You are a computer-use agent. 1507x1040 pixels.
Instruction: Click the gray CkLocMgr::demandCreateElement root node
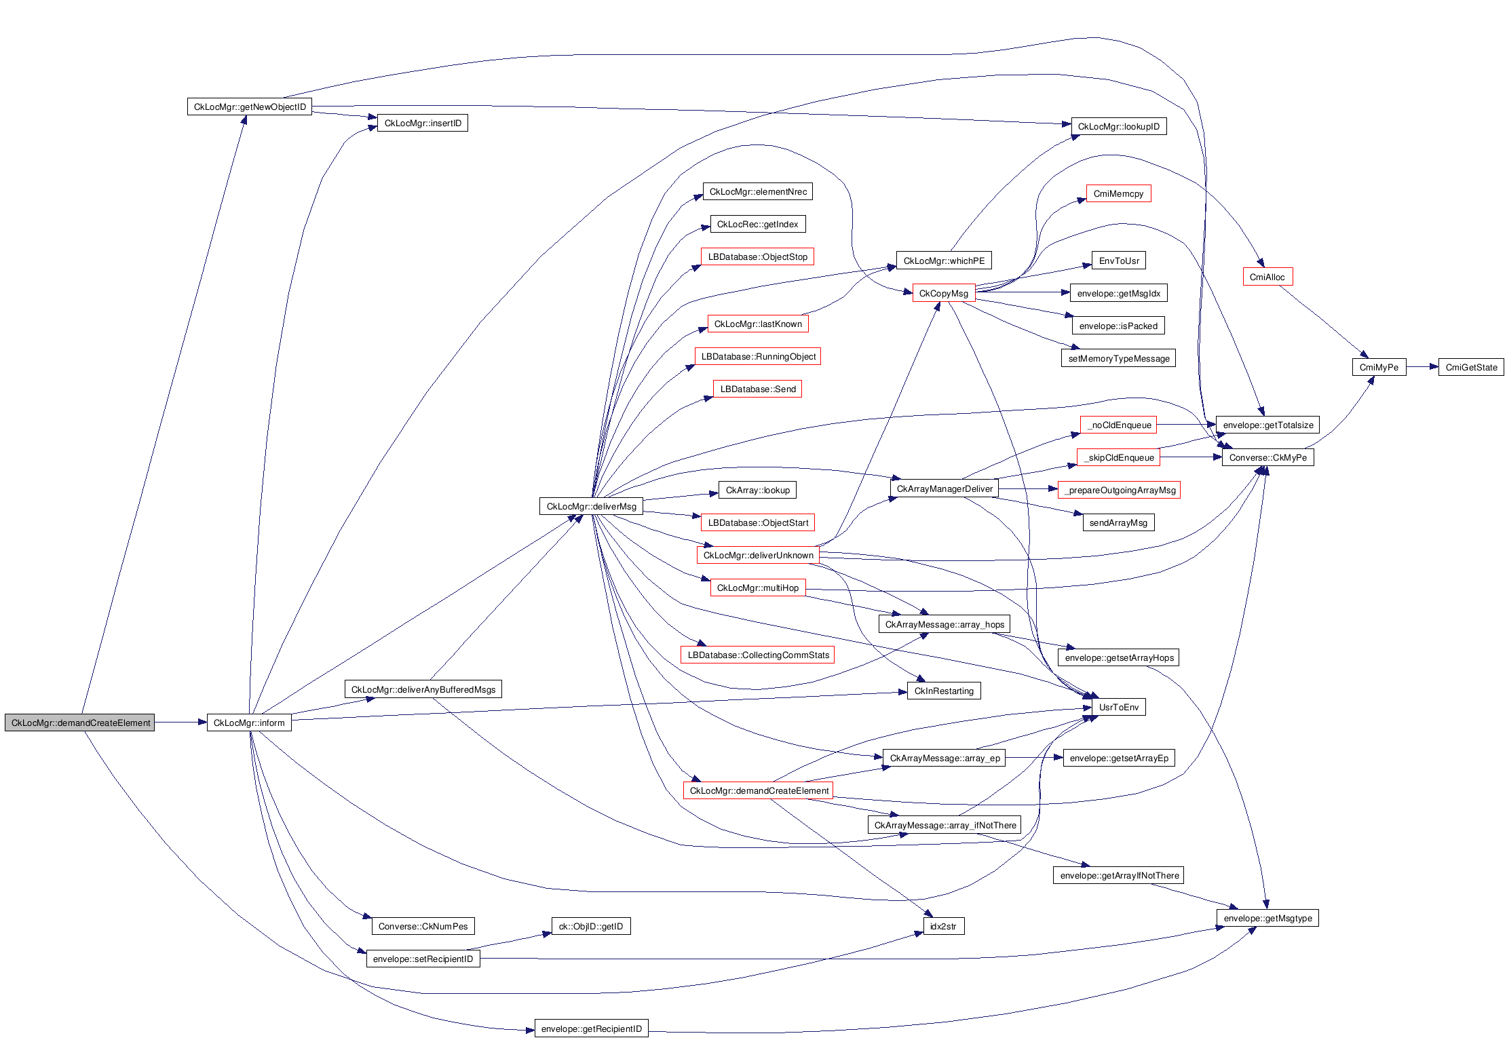click(80, 723)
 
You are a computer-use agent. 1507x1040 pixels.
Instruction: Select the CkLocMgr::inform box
click(249, 723)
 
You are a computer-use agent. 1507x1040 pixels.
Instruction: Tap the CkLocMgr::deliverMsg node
click(591, 506)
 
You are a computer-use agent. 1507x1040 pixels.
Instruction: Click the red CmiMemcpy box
click(1118, 193)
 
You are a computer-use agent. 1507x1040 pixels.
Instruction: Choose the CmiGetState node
click(1471, 367)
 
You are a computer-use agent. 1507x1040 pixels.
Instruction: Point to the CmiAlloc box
click(1267, 277)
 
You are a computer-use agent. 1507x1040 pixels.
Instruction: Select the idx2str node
click(943, 926)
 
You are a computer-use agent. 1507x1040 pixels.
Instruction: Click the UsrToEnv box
click(1118, 707)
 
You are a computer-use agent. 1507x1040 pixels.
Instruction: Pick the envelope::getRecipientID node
click(591, 1028)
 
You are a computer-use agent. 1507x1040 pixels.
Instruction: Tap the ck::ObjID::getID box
click(590, 926)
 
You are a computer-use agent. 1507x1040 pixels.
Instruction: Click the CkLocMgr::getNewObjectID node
click(249, 107)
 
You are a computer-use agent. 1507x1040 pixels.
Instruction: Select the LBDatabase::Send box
click(757, 389)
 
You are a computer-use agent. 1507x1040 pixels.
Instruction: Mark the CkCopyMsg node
click(943, 293)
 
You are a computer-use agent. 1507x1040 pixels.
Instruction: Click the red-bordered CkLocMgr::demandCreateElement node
click(759, 790)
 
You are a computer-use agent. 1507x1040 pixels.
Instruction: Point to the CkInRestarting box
click(943, 691)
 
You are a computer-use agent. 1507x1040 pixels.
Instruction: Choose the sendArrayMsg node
click(1118, 522)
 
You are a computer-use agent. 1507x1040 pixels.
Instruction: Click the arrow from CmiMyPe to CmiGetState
click(1422, 367)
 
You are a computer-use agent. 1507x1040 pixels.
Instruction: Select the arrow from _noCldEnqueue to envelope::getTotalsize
click(1186, 425)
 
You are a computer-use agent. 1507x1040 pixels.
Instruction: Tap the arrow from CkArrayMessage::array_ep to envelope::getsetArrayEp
click(1033, 758)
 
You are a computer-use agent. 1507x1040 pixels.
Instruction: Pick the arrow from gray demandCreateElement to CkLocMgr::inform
click(180, 723)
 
